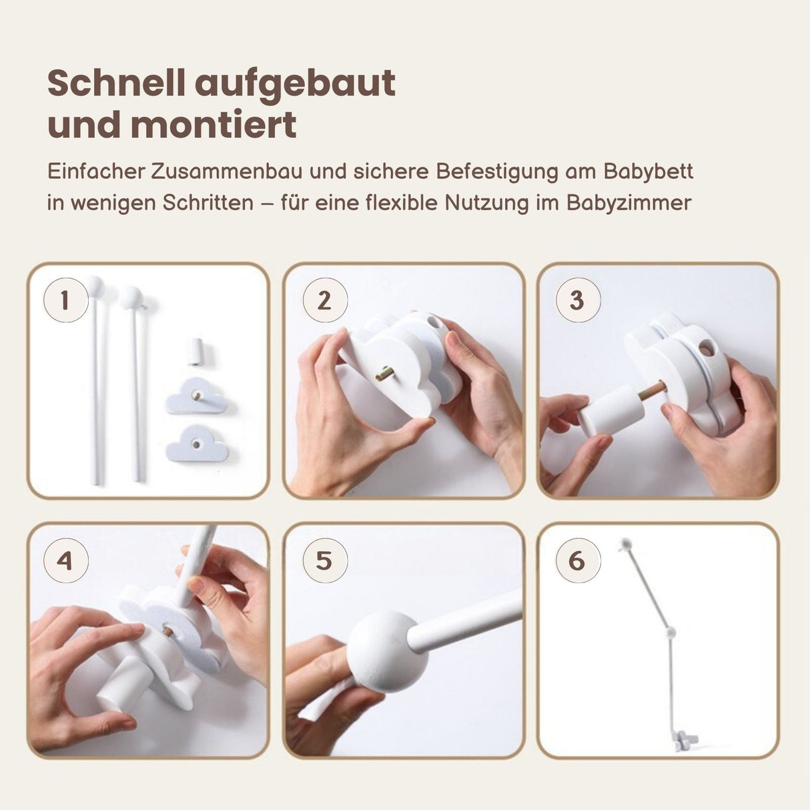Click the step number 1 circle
coord(65,300)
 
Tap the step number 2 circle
coord(325,300)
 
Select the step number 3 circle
coord(578,300)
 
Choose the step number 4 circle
coord(65,560)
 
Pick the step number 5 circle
coord(325,560)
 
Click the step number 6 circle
coord(578,560)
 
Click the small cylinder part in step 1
coord(195,351)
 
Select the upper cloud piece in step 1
coord(196,396)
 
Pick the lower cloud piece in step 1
coord(196,443)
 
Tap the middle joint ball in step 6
coord(671,632)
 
